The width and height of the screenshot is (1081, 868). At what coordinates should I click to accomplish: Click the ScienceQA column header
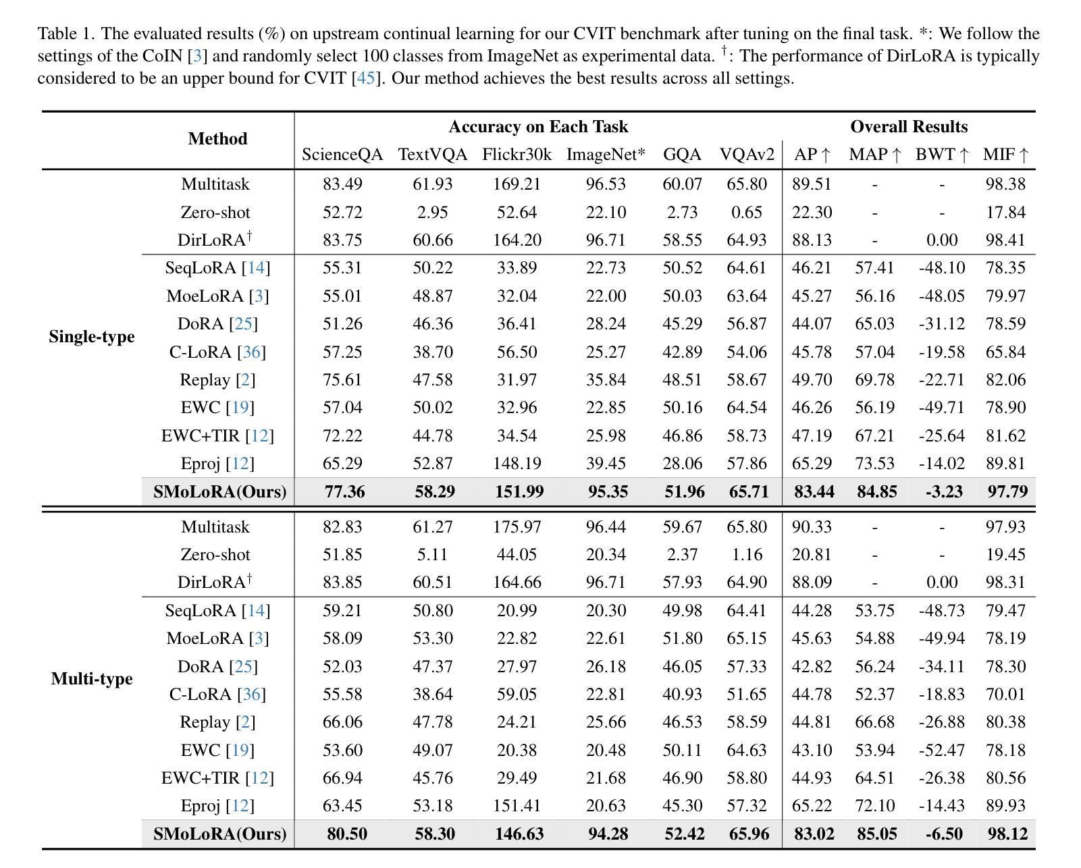coord(342,154)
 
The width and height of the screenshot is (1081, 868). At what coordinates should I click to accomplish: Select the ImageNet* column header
coord(605,154)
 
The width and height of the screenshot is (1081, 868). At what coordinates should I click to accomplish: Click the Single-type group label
coord(92,337)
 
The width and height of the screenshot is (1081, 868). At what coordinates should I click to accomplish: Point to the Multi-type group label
coord(92,678)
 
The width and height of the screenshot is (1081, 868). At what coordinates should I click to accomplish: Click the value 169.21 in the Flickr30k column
coord(517,184)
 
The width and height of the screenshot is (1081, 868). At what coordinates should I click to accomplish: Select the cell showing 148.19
coord(517,463)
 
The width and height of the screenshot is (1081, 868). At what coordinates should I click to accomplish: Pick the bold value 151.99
coord(519,491)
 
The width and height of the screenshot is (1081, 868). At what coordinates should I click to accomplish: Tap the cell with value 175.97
coord(517,526)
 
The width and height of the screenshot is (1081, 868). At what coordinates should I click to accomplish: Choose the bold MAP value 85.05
coord(877,834)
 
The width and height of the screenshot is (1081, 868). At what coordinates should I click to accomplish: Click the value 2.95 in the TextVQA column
coord(433,212)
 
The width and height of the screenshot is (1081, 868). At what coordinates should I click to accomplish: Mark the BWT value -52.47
coord(942,750)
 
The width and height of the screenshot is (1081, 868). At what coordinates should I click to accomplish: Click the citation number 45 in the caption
coord(365,78)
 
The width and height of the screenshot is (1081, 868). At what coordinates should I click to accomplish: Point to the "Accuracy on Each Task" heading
coord(539,127)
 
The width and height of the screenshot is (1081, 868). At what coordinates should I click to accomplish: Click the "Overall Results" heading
coord(909,127)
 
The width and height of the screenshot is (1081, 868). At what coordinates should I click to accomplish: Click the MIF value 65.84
coord(1005,352)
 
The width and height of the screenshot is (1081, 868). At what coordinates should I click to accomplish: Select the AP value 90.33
coord(812,526)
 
